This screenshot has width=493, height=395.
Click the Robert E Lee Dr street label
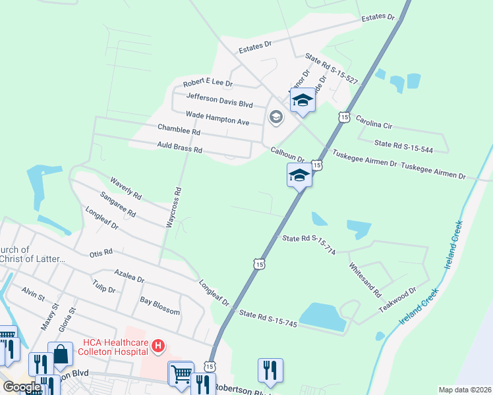pyautogui.click(x=208, y=84)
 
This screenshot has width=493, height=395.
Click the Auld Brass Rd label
pyautogui.click(x=179, y=147)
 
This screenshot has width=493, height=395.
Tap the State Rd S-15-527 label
pyautogui.click(x=332, y=71)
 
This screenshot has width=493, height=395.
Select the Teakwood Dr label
pyautogui.click(x=397, y=300)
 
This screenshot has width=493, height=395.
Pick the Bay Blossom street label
pyautogui.click(x=159, y=306)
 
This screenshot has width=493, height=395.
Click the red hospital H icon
pyautogui.click(x=158, y=345)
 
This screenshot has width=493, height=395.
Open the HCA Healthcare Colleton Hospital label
pyautogui.click(x=114, y=346)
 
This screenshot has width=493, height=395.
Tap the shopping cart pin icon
pyautogui.click(x=181, y=373)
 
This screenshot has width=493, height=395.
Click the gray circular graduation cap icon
pyautogui.click(x=275, y=118)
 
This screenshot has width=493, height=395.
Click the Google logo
pyautogui.click(x=21, y=387)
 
